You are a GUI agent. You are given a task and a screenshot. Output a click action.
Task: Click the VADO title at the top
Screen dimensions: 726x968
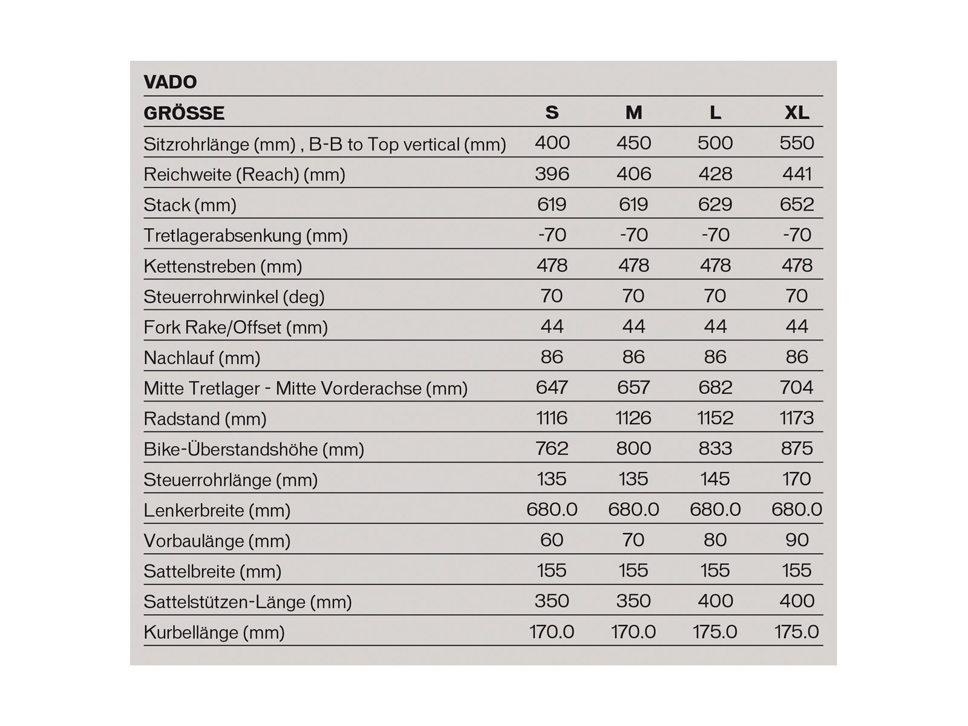[170, 82]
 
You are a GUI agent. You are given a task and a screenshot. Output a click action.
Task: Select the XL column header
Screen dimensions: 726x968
[796, 113]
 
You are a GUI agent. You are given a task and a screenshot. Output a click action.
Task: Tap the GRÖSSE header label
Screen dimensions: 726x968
[184, 113]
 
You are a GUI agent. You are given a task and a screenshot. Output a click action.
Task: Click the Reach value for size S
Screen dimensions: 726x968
[552, 174]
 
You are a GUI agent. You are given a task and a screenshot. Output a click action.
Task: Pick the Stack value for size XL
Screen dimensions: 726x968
[796, 204]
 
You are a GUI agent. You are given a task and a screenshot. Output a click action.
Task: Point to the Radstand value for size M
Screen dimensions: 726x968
[633, 418]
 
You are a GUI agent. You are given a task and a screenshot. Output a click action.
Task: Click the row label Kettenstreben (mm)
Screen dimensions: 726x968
[223, 266]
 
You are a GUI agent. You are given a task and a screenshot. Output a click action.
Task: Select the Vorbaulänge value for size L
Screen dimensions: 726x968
[715, 540]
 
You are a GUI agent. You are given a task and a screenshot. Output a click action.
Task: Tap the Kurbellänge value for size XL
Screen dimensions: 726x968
[796, 632]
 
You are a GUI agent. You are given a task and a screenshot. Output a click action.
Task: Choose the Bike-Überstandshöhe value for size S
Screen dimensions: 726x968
[552, 448]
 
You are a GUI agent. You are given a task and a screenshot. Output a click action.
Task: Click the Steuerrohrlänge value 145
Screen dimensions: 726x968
[715, 479]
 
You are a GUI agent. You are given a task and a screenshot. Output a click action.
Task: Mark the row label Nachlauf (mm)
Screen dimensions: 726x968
[201, 358]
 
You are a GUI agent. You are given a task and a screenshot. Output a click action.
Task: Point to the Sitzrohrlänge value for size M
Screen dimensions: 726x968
[633, 143]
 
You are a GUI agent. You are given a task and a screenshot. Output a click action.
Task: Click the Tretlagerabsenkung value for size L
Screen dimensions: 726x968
[715, 235]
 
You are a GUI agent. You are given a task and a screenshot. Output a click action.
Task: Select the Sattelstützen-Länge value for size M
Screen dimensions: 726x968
[633, 601]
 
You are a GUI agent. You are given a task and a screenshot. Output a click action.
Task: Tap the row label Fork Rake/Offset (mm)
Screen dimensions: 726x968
[235, 327]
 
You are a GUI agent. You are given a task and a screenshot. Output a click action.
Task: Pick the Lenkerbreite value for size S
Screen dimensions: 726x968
[552, 509]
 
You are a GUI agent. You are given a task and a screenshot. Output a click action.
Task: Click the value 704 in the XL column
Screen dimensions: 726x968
[796, 387]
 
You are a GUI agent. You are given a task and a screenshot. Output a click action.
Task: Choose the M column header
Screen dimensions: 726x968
[633, 113]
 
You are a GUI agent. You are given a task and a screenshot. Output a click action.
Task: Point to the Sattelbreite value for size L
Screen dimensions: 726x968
[715, 571]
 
